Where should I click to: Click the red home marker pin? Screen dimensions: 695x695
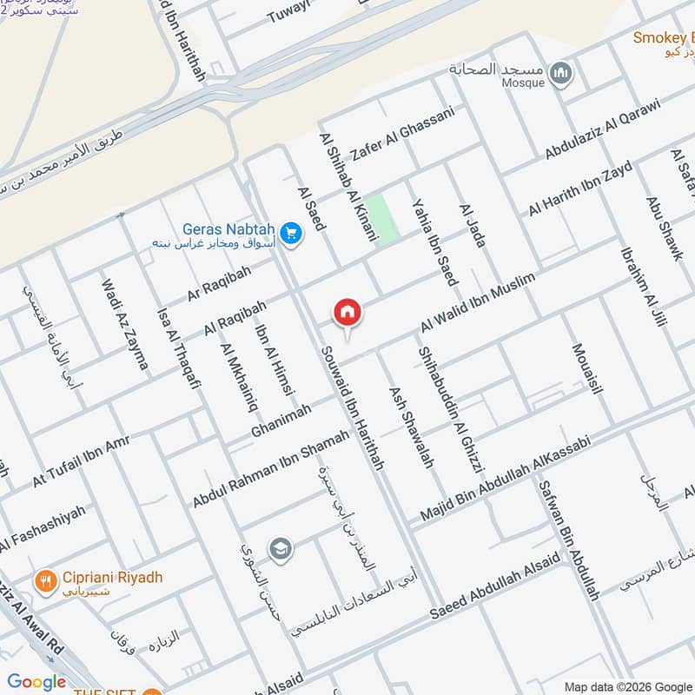coord(347,312)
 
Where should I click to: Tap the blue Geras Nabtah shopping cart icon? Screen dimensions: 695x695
coord(291,234)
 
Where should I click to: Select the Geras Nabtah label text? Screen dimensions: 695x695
coord(228,229)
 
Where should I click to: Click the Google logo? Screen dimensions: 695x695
coord(36,682)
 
